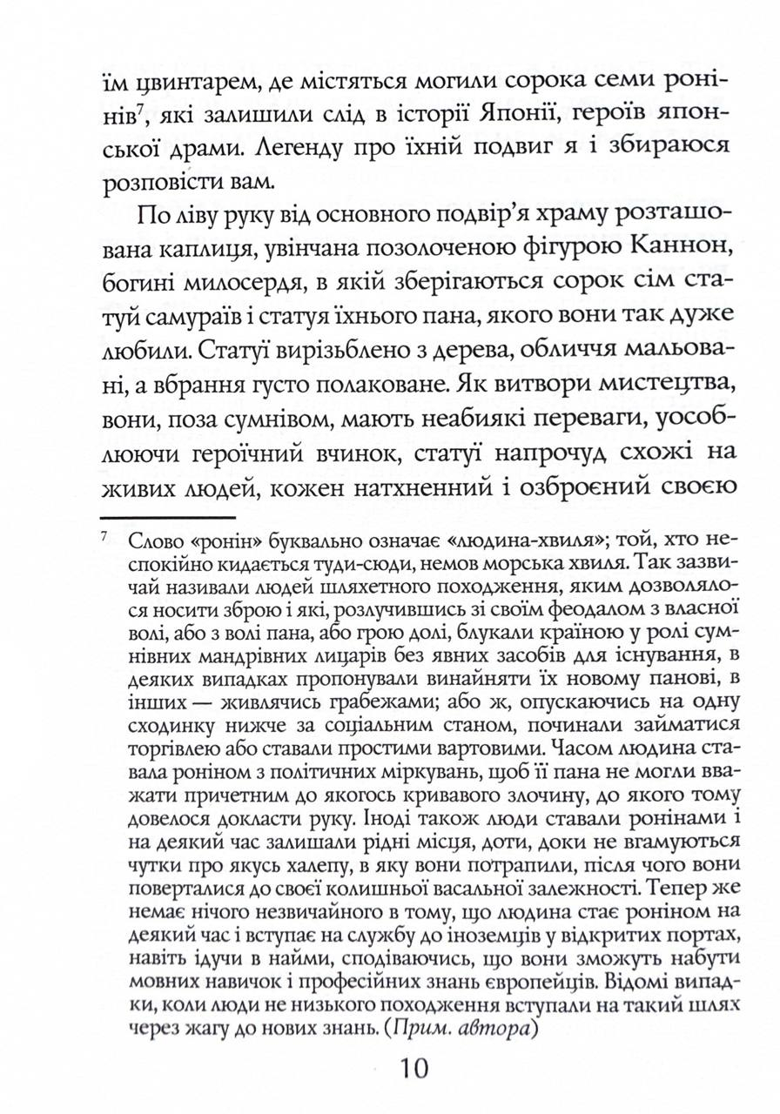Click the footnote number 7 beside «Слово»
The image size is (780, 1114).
(104, 538)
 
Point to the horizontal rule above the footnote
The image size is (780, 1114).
(157, 519)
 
